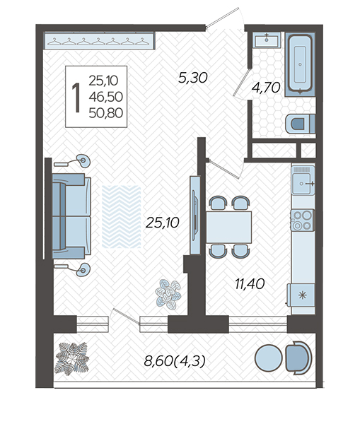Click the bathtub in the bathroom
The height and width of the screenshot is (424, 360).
[x=300, y=64]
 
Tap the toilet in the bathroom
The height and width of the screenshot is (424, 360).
[x=300, y=124]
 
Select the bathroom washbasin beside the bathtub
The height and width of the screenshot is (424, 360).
[x=267, y=40]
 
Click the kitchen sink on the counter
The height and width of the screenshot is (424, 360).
[x=303, y=180]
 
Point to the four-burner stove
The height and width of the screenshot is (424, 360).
[x=303, y=220]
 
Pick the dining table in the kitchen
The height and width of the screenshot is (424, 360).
[x=228, y=228]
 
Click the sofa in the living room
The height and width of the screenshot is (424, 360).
[x=71, y=216]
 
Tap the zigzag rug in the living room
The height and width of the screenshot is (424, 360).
[x=122, y=217]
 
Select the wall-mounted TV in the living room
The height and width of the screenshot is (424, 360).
[x=195, y=216]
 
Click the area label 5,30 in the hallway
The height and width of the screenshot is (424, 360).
[x=193, y=78]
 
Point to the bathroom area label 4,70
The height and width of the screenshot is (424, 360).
[x=266, y=88]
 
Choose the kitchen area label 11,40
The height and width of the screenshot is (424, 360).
[x=250, y=284]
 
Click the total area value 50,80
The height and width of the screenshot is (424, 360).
[x=106, y=113]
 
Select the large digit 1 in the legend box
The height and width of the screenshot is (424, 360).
[x=76, y=98]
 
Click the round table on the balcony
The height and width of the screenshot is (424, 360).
[x=269, y=358]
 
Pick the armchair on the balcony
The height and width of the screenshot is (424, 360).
[x=298, y=358]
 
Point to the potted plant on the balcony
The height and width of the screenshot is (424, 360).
[x=71, y=358]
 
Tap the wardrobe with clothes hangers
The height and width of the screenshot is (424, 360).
[x=99, y=40]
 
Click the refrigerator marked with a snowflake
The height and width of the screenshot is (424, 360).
[x=301, y=295]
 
